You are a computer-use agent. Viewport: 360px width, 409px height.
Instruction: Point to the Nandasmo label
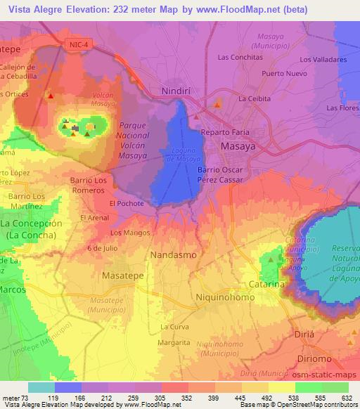174,254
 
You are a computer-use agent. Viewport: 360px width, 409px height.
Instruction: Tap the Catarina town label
266,284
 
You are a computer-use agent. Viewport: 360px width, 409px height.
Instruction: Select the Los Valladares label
323,60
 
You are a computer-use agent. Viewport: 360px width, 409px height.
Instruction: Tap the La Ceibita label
254,98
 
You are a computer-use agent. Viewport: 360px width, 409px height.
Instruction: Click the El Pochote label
127,203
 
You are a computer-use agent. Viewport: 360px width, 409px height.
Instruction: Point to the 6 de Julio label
101,248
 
